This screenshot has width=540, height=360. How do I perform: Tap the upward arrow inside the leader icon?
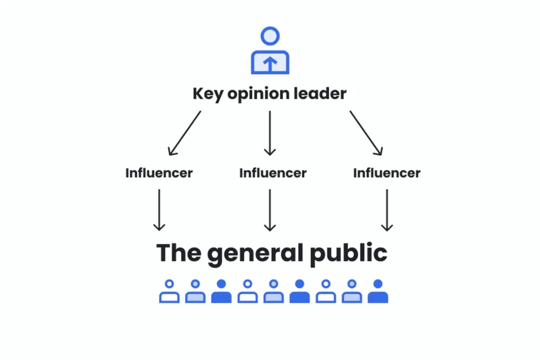pos(269,64)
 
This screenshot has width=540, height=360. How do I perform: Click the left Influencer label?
pos(159,173)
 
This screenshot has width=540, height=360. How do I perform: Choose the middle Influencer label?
pos(273,173)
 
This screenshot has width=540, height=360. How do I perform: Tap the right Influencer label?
pos(387,173)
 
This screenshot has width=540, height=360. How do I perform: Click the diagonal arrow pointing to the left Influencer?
pos(184,133)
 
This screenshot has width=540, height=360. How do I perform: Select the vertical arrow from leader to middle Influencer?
pos(269,133)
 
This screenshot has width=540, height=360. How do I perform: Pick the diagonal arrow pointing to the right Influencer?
pos(366,133)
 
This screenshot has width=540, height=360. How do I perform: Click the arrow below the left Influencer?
pos(159,210)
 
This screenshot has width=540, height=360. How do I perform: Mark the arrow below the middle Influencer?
pos(269,210)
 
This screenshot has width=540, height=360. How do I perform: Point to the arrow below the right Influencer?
pos(387,210)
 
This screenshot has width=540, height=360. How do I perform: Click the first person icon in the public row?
pos(169,291)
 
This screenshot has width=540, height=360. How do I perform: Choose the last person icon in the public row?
pos(378,291)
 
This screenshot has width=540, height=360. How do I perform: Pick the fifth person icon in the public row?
pos(274,291)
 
